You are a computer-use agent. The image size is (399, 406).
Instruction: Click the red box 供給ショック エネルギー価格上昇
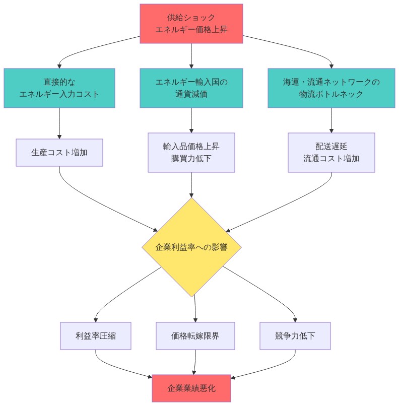click(191, 24)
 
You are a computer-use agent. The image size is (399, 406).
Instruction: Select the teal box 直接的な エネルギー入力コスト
click(59, 88)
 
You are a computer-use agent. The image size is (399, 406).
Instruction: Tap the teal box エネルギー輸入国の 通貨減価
click(191, 88)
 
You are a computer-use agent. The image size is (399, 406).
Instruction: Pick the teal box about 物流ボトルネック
click(331, 88)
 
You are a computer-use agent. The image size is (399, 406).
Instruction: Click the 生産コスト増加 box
click(59, 152)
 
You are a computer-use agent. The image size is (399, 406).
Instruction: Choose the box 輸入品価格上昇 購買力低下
click(191, 152)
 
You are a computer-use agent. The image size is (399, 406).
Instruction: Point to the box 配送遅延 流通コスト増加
click(331, 152)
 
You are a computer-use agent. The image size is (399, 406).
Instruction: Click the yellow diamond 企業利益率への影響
click(191, 247)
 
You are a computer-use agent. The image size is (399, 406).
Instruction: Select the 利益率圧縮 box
click(96, 336)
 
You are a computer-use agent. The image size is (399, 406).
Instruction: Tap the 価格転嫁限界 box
click(195, 336)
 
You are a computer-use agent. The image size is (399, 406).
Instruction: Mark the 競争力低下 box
click(295, 336)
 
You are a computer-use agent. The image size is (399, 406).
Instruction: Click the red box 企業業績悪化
click(191, 388)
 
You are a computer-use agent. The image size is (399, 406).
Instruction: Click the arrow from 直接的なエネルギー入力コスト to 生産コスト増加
click(59, 123)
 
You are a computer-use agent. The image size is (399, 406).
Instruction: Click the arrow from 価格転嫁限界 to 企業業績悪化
click(195, 362)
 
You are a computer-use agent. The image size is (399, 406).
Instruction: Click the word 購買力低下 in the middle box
click(191, 158)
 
